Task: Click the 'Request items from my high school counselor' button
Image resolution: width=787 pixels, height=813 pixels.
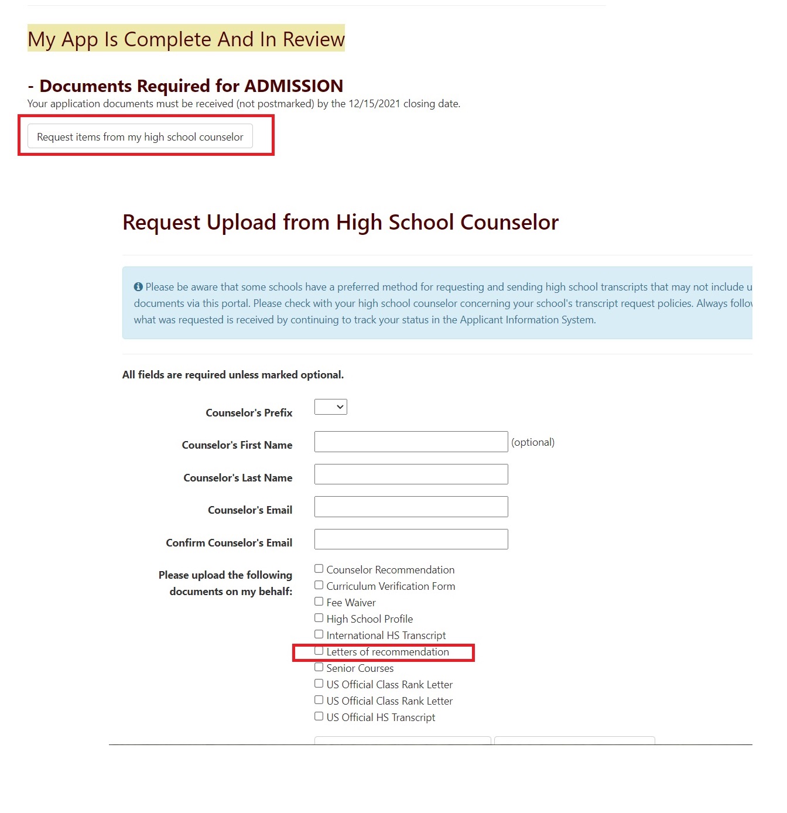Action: (140, 136)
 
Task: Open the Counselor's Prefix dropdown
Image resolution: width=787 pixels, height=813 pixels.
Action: (330, 406)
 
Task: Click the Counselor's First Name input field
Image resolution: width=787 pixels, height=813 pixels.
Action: (410, 442)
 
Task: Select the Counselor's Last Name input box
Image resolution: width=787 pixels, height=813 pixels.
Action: (410, 474)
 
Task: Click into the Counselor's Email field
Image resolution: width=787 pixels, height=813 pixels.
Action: (410, 507)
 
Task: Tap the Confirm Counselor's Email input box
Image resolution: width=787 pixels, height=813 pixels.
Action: (410, 539)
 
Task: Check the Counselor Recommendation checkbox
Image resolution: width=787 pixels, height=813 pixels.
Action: (319, 569)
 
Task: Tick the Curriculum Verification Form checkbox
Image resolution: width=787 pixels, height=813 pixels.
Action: (319, 585)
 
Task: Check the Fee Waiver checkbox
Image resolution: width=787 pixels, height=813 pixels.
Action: (319, 602)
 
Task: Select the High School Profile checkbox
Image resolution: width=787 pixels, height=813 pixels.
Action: (319, 618)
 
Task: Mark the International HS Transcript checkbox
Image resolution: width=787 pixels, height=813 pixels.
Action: (319, 634)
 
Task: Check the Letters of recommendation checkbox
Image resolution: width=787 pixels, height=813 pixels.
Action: (319, 651)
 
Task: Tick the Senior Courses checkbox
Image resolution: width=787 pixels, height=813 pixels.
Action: (319, 667)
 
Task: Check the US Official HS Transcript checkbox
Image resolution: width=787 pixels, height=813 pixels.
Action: (319, 716)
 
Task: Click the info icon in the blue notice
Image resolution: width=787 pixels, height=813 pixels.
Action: (138, 287)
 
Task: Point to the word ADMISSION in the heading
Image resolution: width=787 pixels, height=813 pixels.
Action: (293, 86)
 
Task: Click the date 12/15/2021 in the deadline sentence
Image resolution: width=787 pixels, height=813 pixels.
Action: (374, 104)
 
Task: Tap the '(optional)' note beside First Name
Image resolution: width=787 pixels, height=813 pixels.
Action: (533, 442)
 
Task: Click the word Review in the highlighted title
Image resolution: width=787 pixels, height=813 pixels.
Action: (313, 39)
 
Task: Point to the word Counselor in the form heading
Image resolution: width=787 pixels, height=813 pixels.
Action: (509, 223)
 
